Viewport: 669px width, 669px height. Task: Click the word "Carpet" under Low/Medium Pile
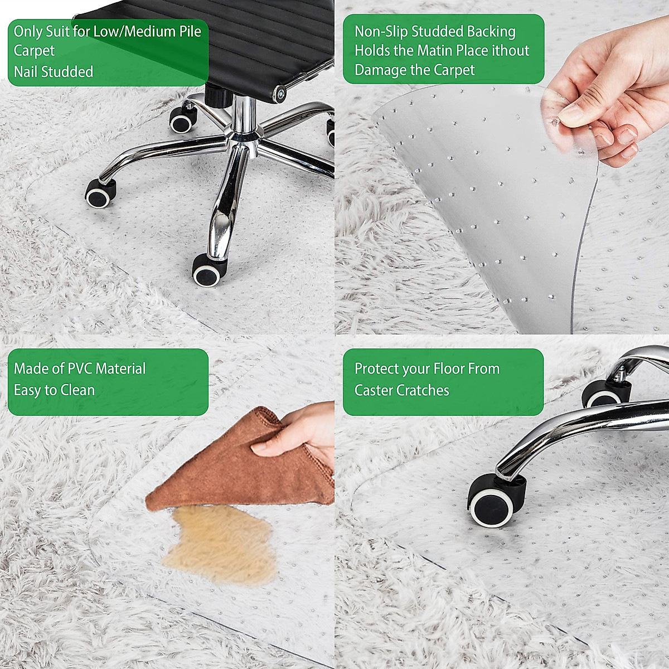(34, 51)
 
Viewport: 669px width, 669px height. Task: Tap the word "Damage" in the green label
(375, 70)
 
